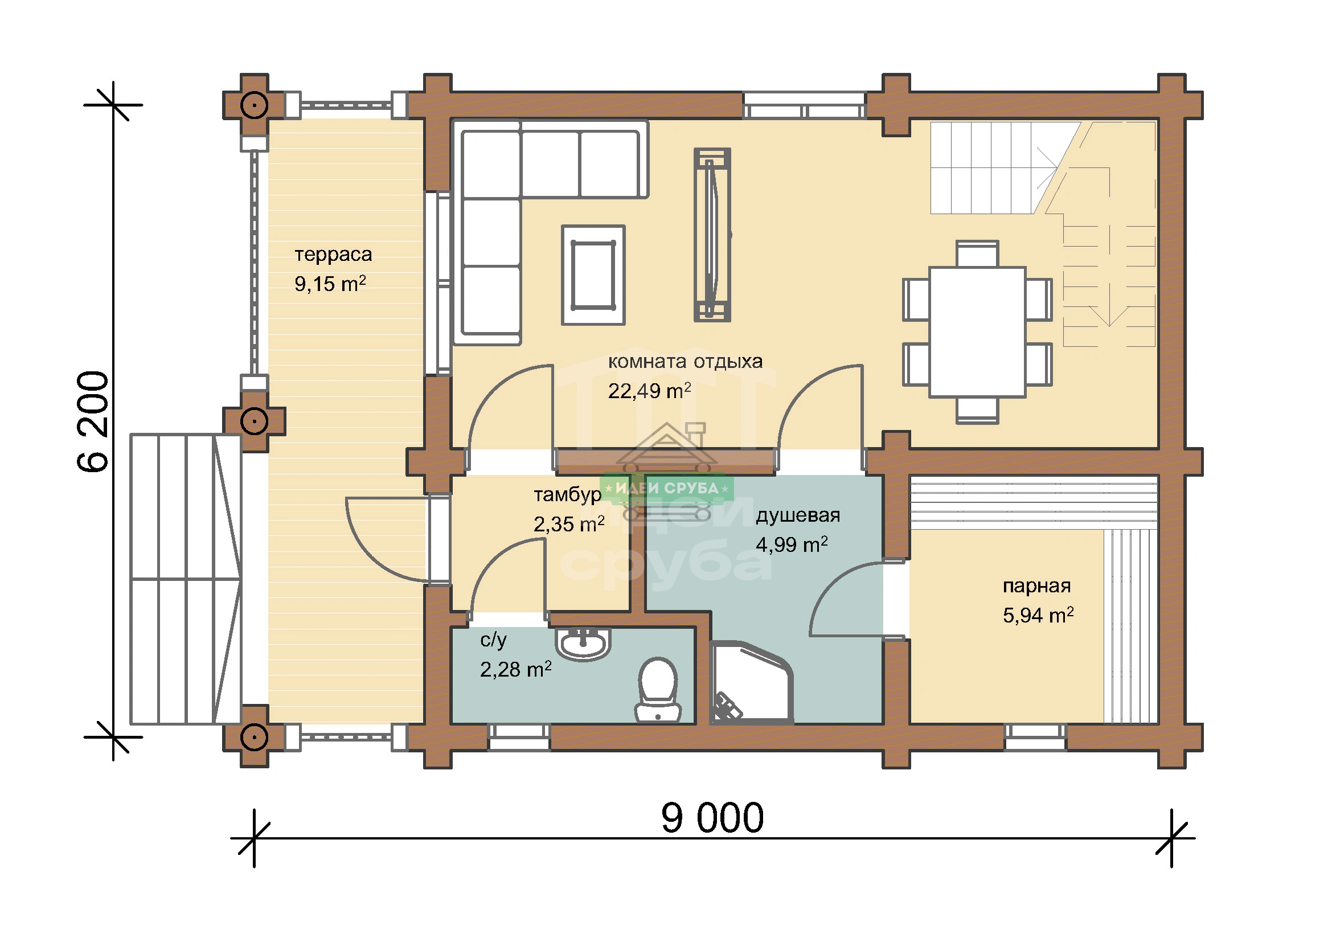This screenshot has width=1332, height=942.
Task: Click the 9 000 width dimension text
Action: coord(712,818)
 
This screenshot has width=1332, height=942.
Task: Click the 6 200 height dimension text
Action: coord(93,421)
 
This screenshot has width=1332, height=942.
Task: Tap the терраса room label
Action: coord(333,255)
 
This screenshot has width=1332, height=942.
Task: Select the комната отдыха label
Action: coord(685,362)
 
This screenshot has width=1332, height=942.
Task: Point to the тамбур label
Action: coord(567,495)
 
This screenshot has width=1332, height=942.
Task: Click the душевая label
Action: coord(798,515)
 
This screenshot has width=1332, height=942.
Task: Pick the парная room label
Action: coord(1036,587)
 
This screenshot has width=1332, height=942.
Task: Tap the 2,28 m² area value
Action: coord(515,669)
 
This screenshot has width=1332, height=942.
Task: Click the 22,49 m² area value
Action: coord(649,391)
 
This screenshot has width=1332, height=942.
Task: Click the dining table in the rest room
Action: coord(977,332)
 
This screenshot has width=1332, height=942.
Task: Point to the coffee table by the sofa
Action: coord(593,275)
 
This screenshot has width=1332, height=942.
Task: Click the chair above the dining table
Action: coord(977,253)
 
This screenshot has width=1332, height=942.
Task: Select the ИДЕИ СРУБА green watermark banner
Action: coord(667,489)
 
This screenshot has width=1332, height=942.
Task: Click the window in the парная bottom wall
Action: coord(1035,738)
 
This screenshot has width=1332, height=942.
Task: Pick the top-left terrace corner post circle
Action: coord(254,105)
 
